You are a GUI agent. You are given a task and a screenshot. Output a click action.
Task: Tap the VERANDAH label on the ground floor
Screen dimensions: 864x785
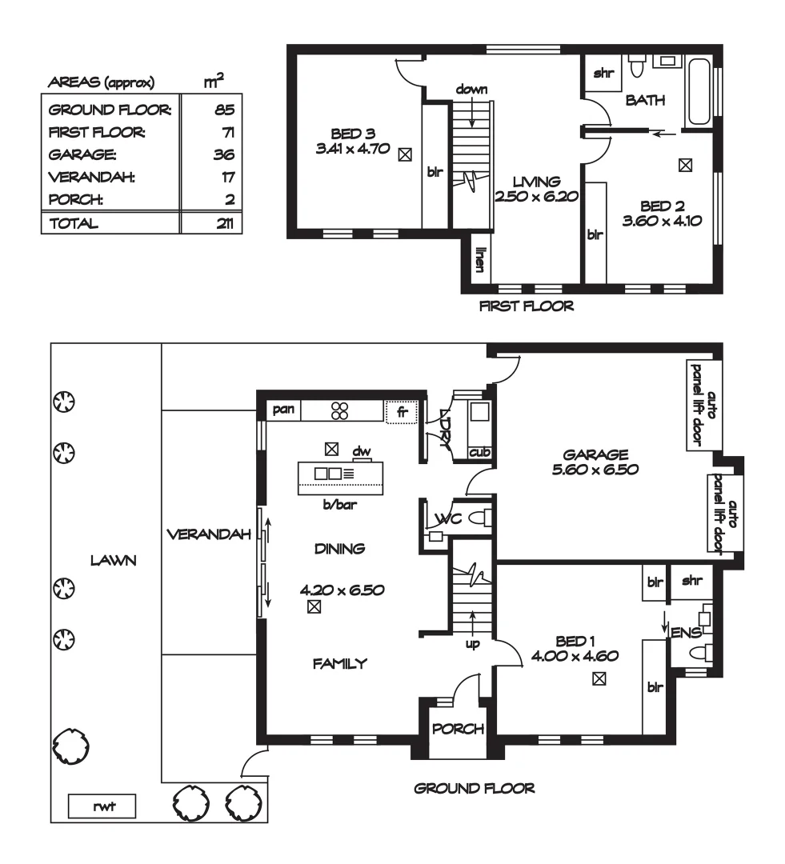click(209, 534)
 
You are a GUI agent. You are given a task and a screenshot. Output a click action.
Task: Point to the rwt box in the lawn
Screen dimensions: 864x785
click(102, 807)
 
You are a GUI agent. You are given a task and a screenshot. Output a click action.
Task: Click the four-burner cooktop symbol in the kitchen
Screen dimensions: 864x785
click(340, 410)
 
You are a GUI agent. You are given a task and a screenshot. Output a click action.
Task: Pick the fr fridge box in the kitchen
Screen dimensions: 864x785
click(402, 411)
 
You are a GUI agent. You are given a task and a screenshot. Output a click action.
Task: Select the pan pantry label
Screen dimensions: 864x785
click(284, 410)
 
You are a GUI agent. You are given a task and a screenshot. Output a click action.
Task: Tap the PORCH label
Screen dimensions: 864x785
click(458, 729)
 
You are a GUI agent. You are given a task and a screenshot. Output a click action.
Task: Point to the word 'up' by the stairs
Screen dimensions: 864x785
click(473, 642)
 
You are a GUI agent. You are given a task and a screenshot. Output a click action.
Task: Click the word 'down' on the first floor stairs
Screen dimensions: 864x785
click(471, 89)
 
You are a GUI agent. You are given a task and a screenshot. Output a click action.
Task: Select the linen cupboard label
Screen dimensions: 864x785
click(480, 262)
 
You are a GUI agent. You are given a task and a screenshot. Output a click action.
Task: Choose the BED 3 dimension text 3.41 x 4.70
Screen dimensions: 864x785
click(353, 148)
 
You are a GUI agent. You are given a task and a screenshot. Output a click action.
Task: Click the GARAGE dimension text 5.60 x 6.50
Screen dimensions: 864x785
click(595, 470)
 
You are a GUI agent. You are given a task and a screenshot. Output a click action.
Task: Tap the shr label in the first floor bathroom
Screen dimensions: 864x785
click(602, 74)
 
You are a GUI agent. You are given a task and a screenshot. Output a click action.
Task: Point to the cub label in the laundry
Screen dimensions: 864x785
click(479, 453)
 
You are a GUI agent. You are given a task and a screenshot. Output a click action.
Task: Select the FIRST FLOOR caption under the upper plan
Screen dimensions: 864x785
click(526, 306)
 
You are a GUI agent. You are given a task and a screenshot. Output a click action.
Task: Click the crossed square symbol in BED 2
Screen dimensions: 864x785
click(685, 166)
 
